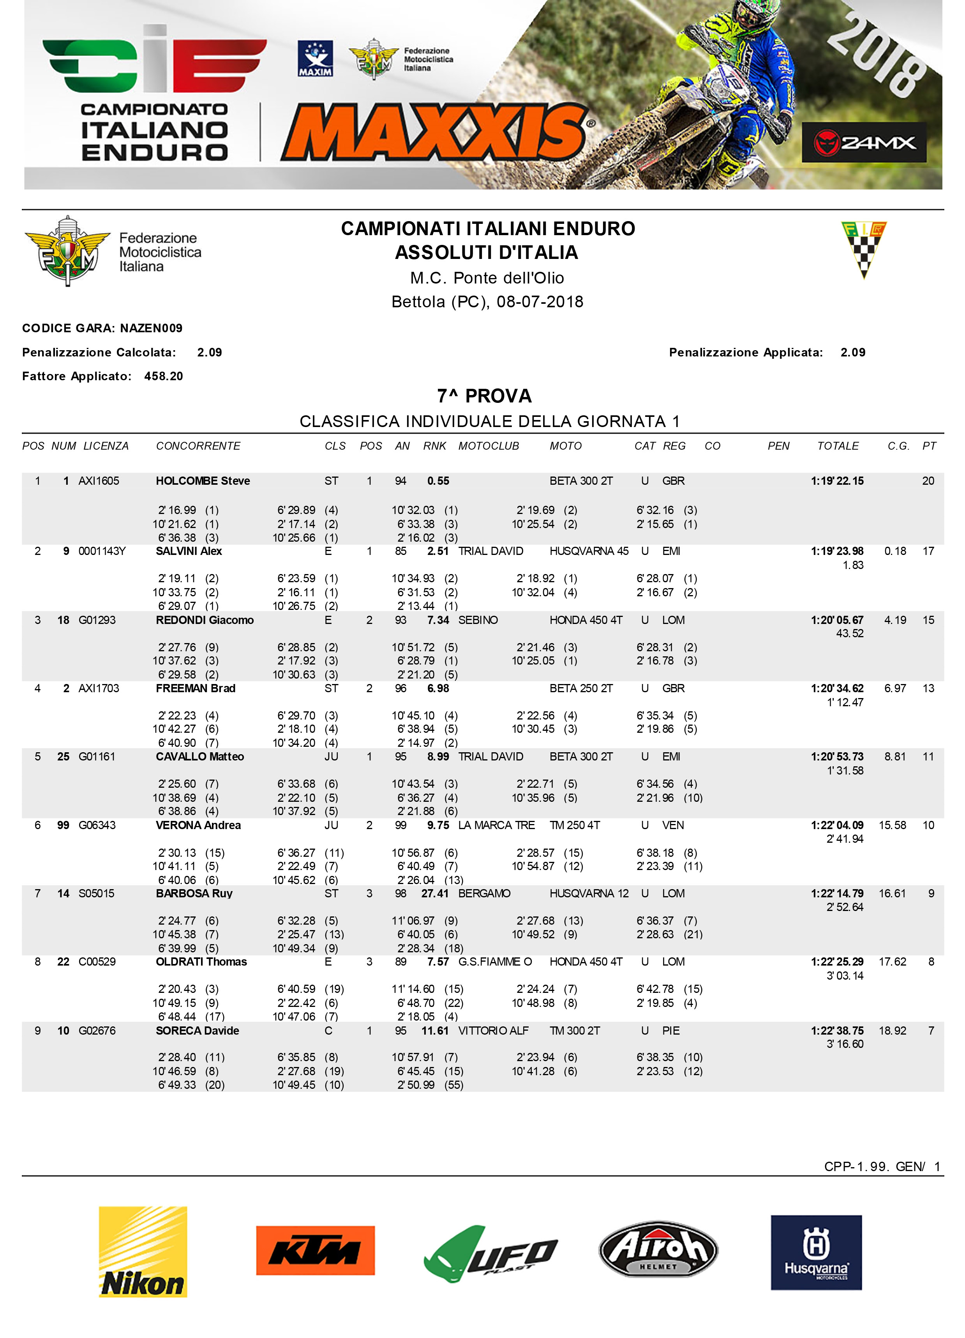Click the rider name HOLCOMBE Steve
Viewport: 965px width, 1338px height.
pos(203,481)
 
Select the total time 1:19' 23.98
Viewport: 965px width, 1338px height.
pos(837,551)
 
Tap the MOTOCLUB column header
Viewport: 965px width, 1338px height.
pos(489,446)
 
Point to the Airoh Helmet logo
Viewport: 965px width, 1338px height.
pos(658,1249)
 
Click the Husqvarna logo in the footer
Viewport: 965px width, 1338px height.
pos(816,1251)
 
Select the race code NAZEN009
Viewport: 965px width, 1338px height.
pos(152,328)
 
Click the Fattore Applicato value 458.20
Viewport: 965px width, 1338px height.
pos(163,376)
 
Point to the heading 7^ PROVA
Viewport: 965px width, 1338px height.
pos(484,396)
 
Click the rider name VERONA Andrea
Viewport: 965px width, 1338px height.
pos(198,825)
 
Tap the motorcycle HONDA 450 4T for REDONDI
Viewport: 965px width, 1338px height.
pos(586,620)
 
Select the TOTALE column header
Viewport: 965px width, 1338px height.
pos(838,446)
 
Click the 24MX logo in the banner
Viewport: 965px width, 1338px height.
pos(864,142)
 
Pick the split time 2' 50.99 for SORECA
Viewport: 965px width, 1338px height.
pos(416,1085)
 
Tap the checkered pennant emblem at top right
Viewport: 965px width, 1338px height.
pos(864,249)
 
